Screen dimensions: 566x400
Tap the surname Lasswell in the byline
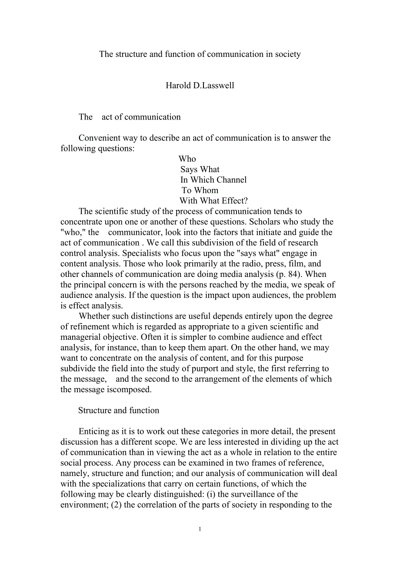point(217,86)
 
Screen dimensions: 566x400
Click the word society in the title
point(287,54)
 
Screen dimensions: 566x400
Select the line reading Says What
point(200,170)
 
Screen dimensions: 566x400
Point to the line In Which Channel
point(213,180)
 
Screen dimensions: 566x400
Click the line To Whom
point(200,190)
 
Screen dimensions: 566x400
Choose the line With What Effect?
point(213,201)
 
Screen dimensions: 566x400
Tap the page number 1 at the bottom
point(200,529)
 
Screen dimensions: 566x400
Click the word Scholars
point(266,222)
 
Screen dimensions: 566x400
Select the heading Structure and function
point(119,410)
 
